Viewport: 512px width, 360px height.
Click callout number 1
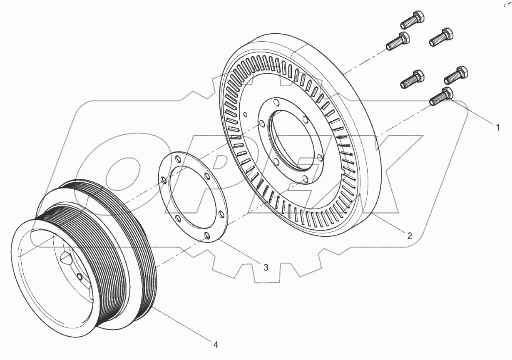(497, 128)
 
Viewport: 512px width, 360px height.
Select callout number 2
(410, 236)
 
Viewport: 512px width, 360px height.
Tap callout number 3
(266, 267)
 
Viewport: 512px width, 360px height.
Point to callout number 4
(215, 344)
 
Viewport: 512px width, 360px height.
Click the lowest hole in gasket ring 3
(206, 236)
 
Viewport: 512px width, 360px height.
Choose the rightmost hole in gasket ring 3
(221, 215)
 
